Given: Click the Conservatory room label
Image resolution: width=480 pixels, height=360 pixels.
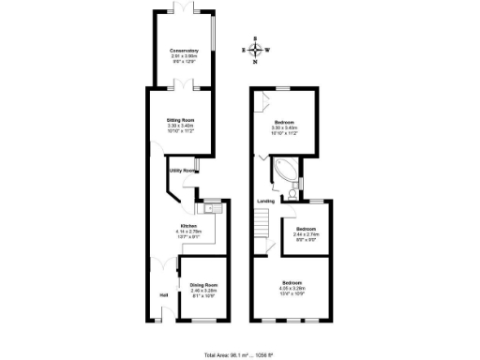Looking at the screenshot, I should pyautogui.click(x=184, y=50).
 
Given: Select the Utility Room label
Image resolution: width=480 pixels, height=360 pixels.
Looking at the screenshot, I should pyautogui.click(x=182, y=171).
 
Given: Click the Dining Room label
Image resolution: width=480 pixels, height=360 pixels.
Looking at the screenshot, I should pyautogui.click(x=203, y=284).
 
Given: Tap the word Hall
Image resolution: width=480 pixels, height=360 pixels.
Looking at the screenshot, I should pyautogui.click(x=163, y=297).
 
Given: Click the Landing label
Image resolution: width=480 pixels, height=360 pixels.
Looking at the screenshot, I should pyautogui.click(x=266, y=201).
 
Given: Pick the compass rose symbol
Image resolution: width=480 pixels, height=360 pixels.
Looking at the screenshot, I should pyautogui.click(x=255, y=50).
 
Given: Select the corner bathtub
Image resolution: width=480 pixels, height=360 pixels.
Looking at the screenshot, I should pyautogui.click(x=285, y=171).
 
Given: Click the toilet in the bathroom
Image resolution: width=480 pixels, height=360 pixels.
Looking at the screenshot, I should pyautogui.click(x=293, y=193).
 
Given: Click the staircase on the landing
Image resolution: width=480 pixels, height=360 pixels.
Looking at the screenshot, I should pyautogui.click(x=262, y=225).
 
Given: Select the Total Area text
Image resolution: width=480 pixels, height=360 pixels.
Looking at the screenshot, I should pyautogui.click(x=238, y=354).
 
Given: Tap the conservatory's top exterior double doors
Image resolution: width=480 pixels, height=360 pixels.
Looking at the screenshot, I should pyautogui.click(x=184, y=10).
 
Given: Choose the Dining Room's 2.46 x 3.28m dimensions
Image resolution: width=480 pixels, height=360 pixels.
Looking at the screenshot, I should pyautogui.click(x=203, y=291).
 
